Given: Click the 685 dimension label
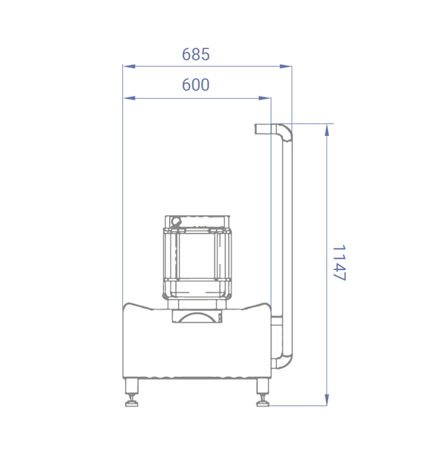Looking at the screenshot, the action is tap(196, 55).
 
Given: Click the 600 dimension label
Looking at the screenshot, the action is tap(196, 85).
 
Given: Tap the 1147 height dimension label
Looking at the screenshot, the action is tap(339, 263).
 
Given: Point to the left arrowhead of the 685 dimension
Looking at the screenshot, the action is tap(129, 66).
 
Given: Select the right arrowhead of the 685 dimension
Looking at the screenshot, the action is tap(286, 66).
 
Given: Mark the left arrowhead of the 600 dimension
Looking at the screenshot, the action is tap(129, 98).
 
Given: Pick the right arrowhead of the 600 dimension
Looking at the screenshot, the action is tap(265, 98).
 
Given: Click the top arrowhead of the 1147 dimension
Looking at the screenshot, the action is tap(326, 131).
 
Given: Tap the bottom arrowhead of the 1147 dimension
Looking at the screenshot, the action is tap(326, 399).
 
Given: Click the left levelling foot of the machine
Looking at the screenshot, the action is tap(131, 393).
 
